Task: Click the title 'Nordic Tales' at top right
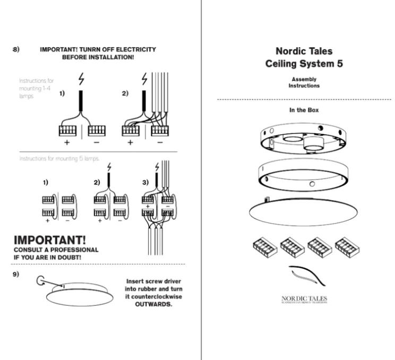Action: [x=304, y=52]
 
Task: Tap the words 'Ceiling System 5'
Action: [x=304, y=64]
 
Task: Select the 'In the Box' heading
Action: [x=304, y=110]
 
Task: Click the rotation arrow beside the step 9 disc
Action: [x=40, y=280]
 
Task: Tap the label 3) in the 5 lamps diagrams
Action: [x=144, y=182]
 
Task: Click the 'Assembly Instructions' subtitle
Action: [x=304, y=82]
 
